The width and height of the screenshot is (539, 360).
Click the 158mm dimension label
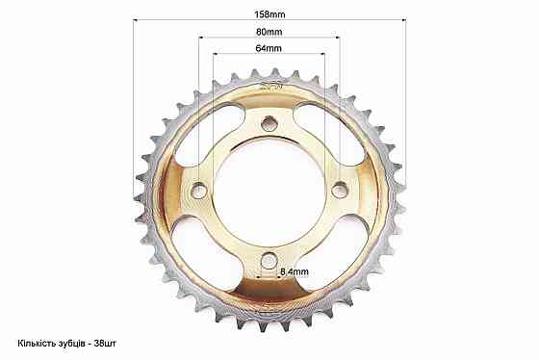click(269, 14)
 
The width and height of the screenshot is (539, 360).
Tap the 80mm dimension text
click(269, 32)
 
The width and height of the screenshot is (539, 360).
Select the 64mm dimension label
click(269, 48)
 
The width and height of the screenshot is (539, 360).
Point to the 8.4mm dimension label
click(295, 272)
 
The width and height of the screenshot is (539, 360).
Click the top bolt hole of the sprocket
click(269, 124)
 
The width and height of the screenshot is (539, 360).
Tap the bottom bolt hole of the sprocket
click(269, 261)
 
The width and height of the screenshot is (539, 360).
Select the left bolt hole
click(198, 191)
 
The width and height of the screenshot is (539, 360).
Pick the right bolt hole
click(340, 191)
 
